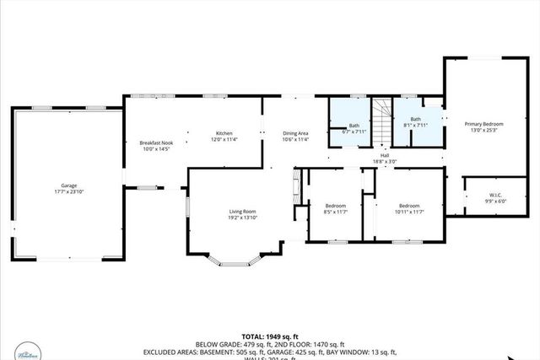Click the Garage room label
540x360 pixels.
coord(68,185)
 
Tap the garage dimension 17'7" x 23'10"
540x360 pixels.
coord(68,192)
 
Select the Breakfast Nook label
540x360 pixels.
coord(156,143)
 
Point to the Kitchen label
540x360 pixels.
coord(224,133)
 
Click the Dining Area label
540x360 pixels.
coord(295,133)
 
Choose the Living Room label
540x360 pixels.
coord(242,212)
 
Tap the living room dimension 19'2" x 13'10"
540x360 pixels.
coord(242,218)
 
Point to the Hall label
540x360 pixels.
coord(385,156)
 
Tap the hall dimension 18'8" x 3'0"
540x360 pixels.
coord(385,163)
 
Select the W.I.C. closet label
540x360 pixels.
coord(489,195)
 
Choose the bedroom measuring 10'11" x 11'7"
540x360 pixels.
coord(409,208)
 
